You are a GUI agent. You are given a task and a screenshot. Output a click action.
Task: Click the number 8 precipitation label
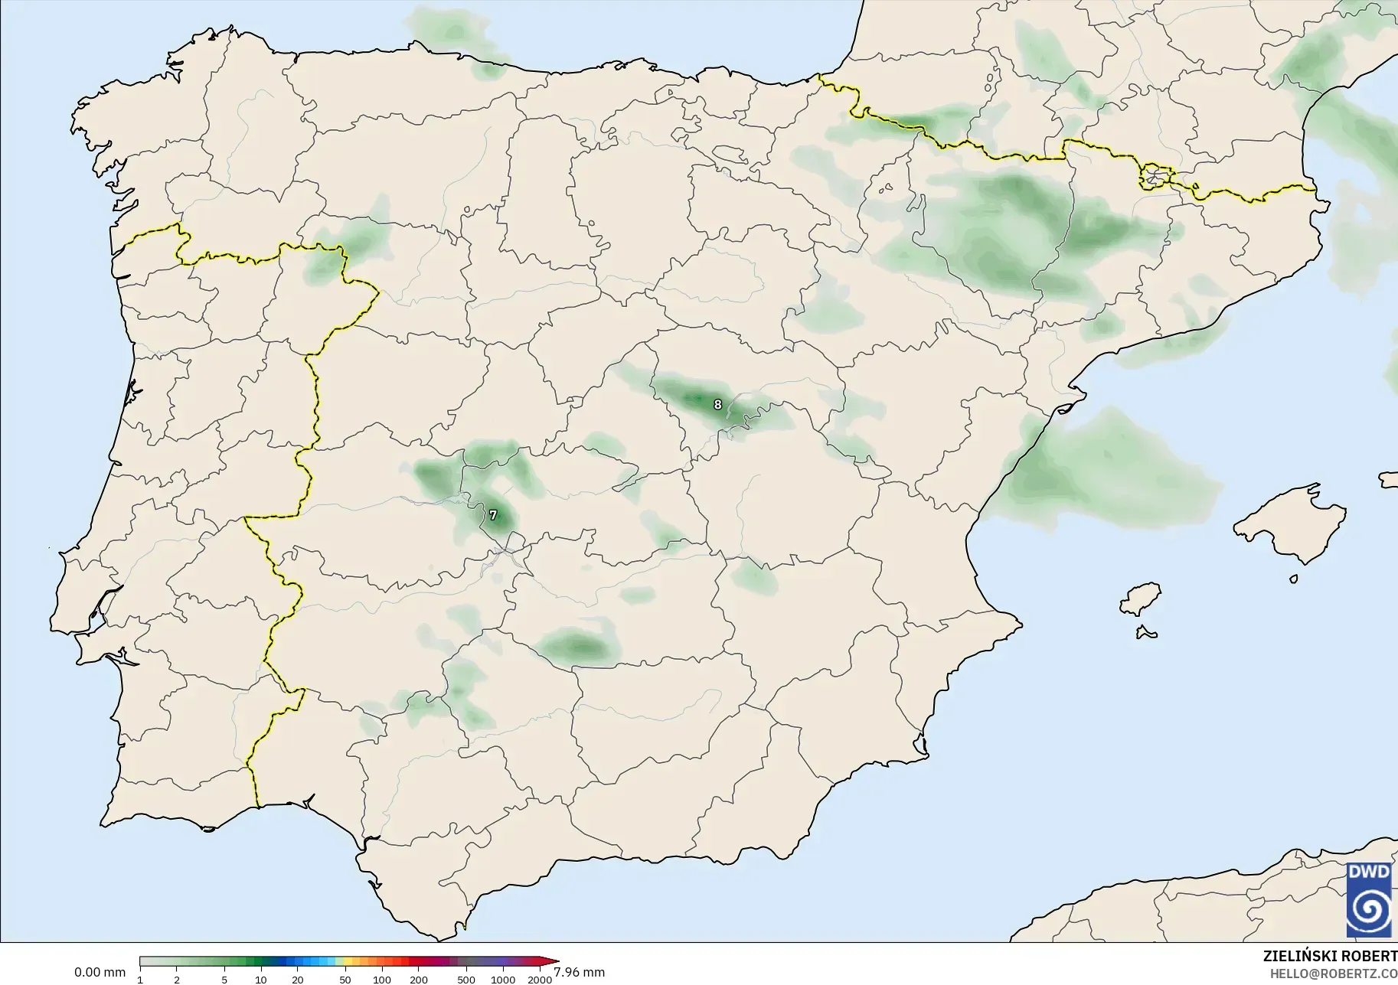click(x=717, y=404)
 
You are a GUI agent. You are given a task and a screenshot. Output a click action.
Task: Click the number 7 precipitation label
click(x=493, y=515)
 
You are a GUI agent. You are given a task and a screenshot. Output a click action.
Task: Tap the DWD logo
click(x=1369, y=899)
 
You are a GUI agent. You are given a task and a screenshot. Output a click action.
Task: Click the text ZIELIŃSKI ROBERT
click(x=1330, y=957)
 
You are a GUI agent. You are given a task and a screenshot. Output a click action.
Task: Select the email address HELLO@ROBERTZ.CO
click(x=1334, y=974)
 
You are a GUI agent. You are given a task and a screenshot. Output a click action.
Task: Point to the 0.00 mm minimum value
click(x=100, y=972)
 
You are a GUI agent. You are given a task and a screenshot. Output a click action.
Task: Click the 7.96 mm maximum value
click(x=579, y=972)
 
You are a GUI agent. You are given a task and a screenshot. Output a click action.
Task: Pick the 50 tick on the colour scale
click(x=345, y=979)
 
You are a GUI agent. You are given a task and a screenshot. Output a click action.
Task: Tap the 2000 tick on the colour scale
click(x=540, y=979)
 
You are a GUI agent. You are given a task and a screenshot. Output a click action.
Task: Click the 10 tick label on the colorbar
click(x=261, y=979)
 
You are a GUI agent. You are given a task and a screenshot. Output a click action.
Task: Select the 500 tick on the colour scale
click(x=466, y=979)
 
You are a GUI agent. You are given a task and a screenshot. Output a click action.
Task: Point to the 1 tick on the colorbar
click(x=140, y=979)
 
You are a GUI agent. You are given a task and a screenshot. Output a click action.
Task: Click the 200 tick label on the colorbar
click(x=419, y=979)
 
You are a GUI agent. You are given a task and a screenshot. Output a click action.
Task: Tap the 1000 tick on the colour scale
click(x=503, y=979)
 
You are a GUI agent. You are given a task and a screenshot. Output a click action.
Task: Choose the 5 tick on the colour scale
click(x=224, y=979)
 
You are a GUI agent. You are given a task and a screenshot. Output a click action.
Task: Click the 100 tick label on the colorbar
click(x=382, y=979)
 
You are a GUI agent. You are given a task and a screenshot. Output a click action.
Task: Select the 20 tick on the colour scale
click(x=298, y=979)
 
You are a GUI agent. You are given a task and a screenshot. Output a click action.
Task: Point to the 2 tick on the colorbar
click(x=177, y=979)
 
